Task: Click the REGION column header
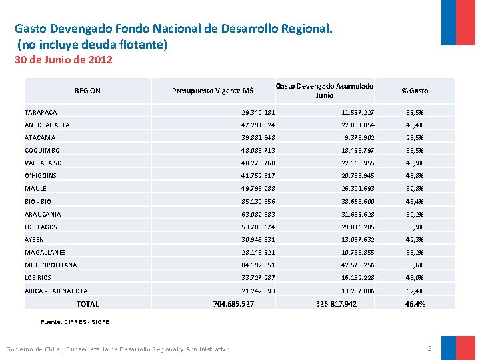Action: (87, 91)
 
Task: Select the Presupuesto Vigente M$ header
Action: (213, 91)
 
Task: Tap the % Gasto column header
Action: (415, 91)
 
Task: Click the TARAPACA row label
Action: (41, 113)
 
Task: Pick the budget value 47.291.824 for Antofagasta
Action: (258, 125)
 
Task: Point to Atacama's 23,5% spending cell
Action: (415, 138)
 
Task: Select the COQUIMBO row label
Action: (42, 151)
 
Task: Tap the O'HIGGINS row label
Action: (41, 176)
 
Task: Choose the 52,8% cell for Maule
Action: (415, 189)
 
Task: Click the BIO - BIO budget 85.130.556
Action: (258, 201)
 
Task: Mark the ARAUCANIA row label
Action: (43, 215)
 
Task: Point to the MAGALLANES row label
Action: (45, 253)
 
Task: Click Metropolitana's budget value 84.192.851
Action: (258, 265)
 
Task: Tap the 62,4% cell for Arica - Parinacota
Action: (415, 291)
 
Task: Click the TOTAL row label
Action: (87, 304)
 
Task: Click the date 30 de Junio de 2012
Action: (64, 60)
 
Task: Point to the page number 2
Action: (429, 349)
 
